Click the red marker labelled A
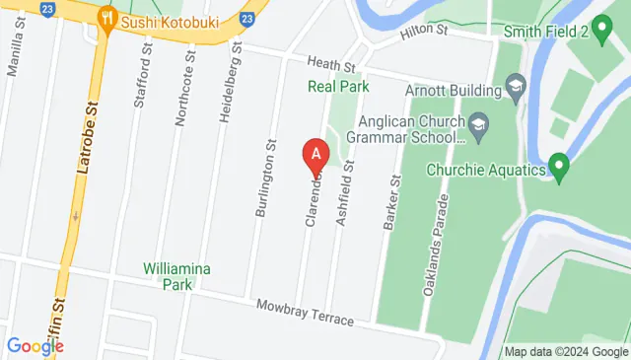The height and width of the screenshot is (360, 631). coord(315,156)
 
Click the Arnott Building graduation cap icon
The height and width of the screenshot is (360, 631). coord(514,90)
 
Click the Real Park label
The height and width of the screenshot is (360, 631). coord(338,87)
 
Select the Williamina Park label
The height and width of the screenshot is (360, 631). coord(176,274)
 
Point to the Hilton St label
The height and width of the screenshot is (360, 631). coord(424,35)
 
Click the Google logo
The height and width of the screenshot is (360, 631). coord(35,346)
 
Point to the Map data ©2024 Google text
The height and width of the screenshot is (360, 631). coord(565,351)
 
